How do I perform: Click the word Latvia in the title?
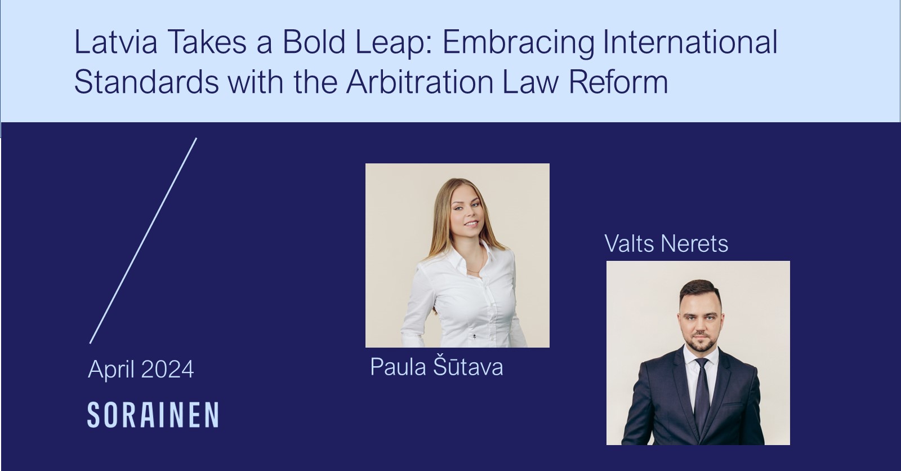coord(115,42)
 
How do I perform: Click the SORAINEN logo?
coord(153,415)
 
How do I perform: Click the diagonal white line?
coord(143,241)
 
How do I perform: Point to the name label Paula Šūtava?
coord(436,366)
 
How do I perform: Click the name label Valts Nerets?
coord(666,243)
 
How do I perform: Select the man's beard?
coord(699,340)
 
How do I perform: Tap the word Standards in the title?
coord(146,82)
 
